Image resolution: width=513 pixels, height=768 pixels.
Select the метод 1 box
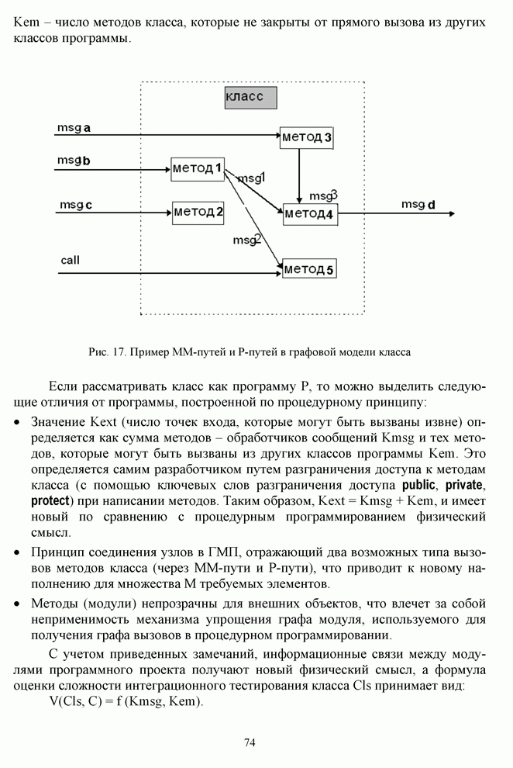(x=198, y=168)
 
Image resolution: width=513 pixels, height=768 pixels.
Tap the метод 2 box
(x=198, y=211)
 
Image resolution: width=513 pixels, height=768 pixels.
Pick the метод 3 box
(x=306, y=137)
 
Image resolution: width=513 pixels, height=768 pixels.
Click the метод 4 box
(x=309, y=213)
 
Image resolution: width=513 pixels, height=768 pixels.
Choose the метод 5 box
(x=309, y=269)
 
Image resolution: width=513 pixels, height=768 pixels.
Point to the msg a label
(x=74, y=126)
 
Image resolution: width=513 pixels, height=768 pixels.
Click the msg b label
(x=74, y=161)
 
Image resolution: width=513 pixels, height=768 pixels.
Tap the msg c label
(x=76, y=205)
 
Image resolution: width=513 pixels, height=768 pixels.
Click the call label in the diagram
(x=70, y=260)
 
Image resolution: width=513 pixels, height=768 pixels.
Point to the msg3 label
(x=322, y=195)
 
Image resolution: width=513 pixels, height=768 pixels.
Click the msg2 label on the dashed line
(x=247, y=240)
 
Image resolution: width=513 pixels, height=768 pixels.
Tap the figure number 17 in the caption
(x=119, y=351)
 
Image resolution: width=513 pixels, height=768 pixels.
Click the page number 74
(x=250, y=742)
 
